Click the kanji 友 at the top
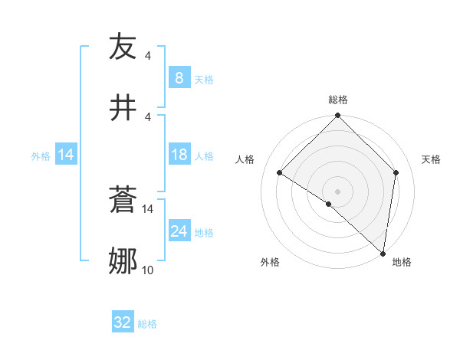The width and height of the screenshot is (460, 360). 123,47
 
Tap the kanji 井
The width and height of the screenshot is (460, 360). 123,107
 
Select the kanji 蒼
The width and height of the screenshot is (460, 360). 123,201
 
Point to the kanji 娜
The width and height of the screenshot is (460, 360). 123,260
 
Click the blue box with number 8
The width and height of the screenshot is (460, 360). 179,78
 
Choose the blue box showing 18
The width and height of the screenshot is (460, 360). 179,155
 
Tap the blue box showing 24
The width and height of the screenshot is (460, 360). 179,231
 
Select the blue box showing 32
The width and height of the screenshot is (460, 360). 123,322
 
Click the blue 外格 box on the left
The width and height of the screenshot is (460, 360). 65,155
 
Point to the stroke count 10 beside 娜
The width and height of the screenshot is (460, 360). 148,270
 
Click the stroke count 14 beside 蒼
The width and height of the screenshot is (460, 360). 148,208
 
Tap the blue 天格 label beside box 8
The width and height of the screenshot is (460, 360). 204,79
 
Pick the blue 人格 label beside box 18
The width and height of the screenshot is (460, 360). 204,156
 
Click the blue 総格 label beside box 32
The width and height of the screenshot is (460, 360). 147,323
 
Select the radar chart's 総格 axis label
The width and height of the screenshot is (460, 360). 337,100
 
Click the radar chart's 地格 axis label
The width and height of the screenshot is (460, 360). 402,262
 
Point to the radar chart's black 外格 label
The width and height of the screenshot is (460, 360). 270,262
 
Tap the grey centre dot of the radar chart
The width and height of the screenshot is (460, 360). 337,191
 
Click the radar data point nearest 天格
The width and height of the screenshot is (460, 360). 396,172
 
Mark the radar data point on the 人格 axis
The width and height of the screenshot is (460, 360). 280,173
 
